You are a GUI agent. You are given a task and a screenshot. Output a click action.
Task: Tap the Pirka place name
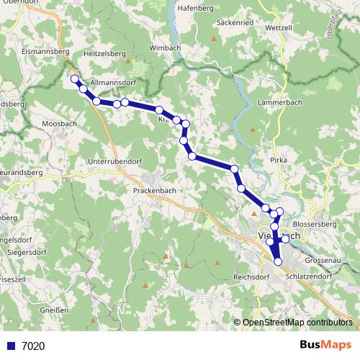279,159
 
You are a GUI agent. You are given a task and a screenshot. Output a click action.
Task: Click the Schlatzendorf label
307,276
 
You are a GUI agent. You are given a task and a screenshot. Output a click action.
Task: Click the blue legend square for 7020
12,346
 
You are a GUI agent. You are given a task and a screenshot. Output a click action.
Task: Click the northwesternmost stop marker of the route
73,79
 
